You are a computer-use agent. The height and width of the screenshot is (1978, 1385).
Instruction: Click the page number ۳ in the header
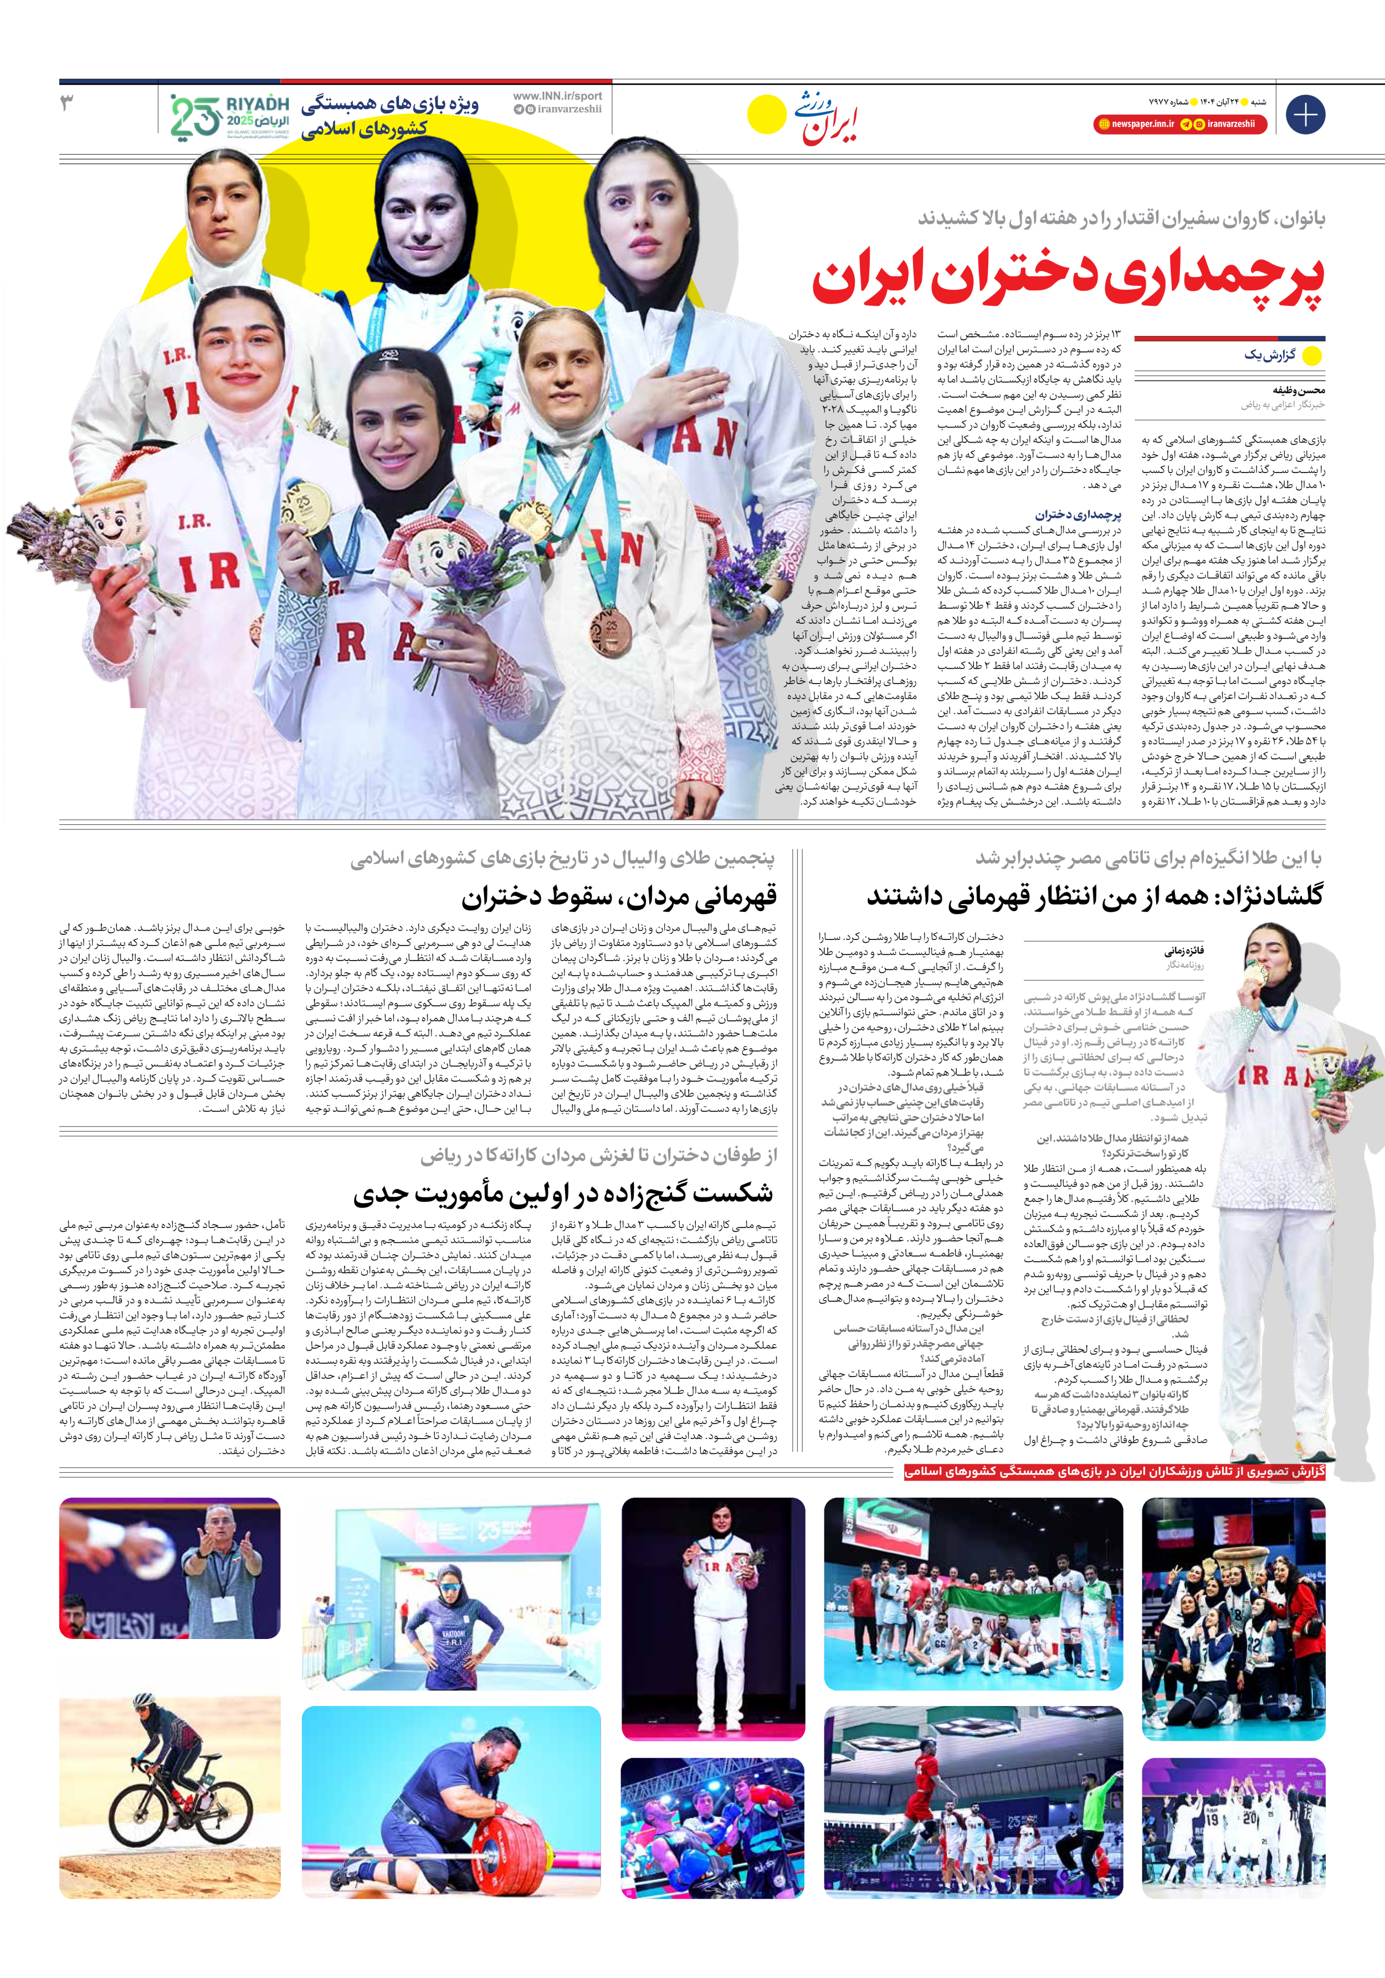coord(66,104)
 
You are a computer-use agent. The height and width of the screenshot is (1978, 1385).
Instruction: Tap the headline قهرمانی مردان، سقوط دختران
coord(619,897)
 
